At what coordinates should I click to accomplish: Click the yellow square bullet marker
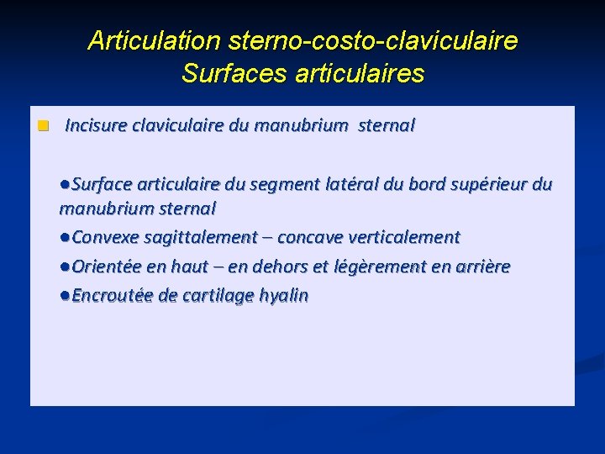[x=43, y=126]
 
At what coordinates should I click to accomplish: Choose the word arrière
[x=481, y=267]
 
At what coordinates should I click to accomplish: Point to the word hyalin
[x=283, y=296]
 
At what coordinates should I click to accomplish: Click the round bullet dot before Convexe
[x=66, y=238]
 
